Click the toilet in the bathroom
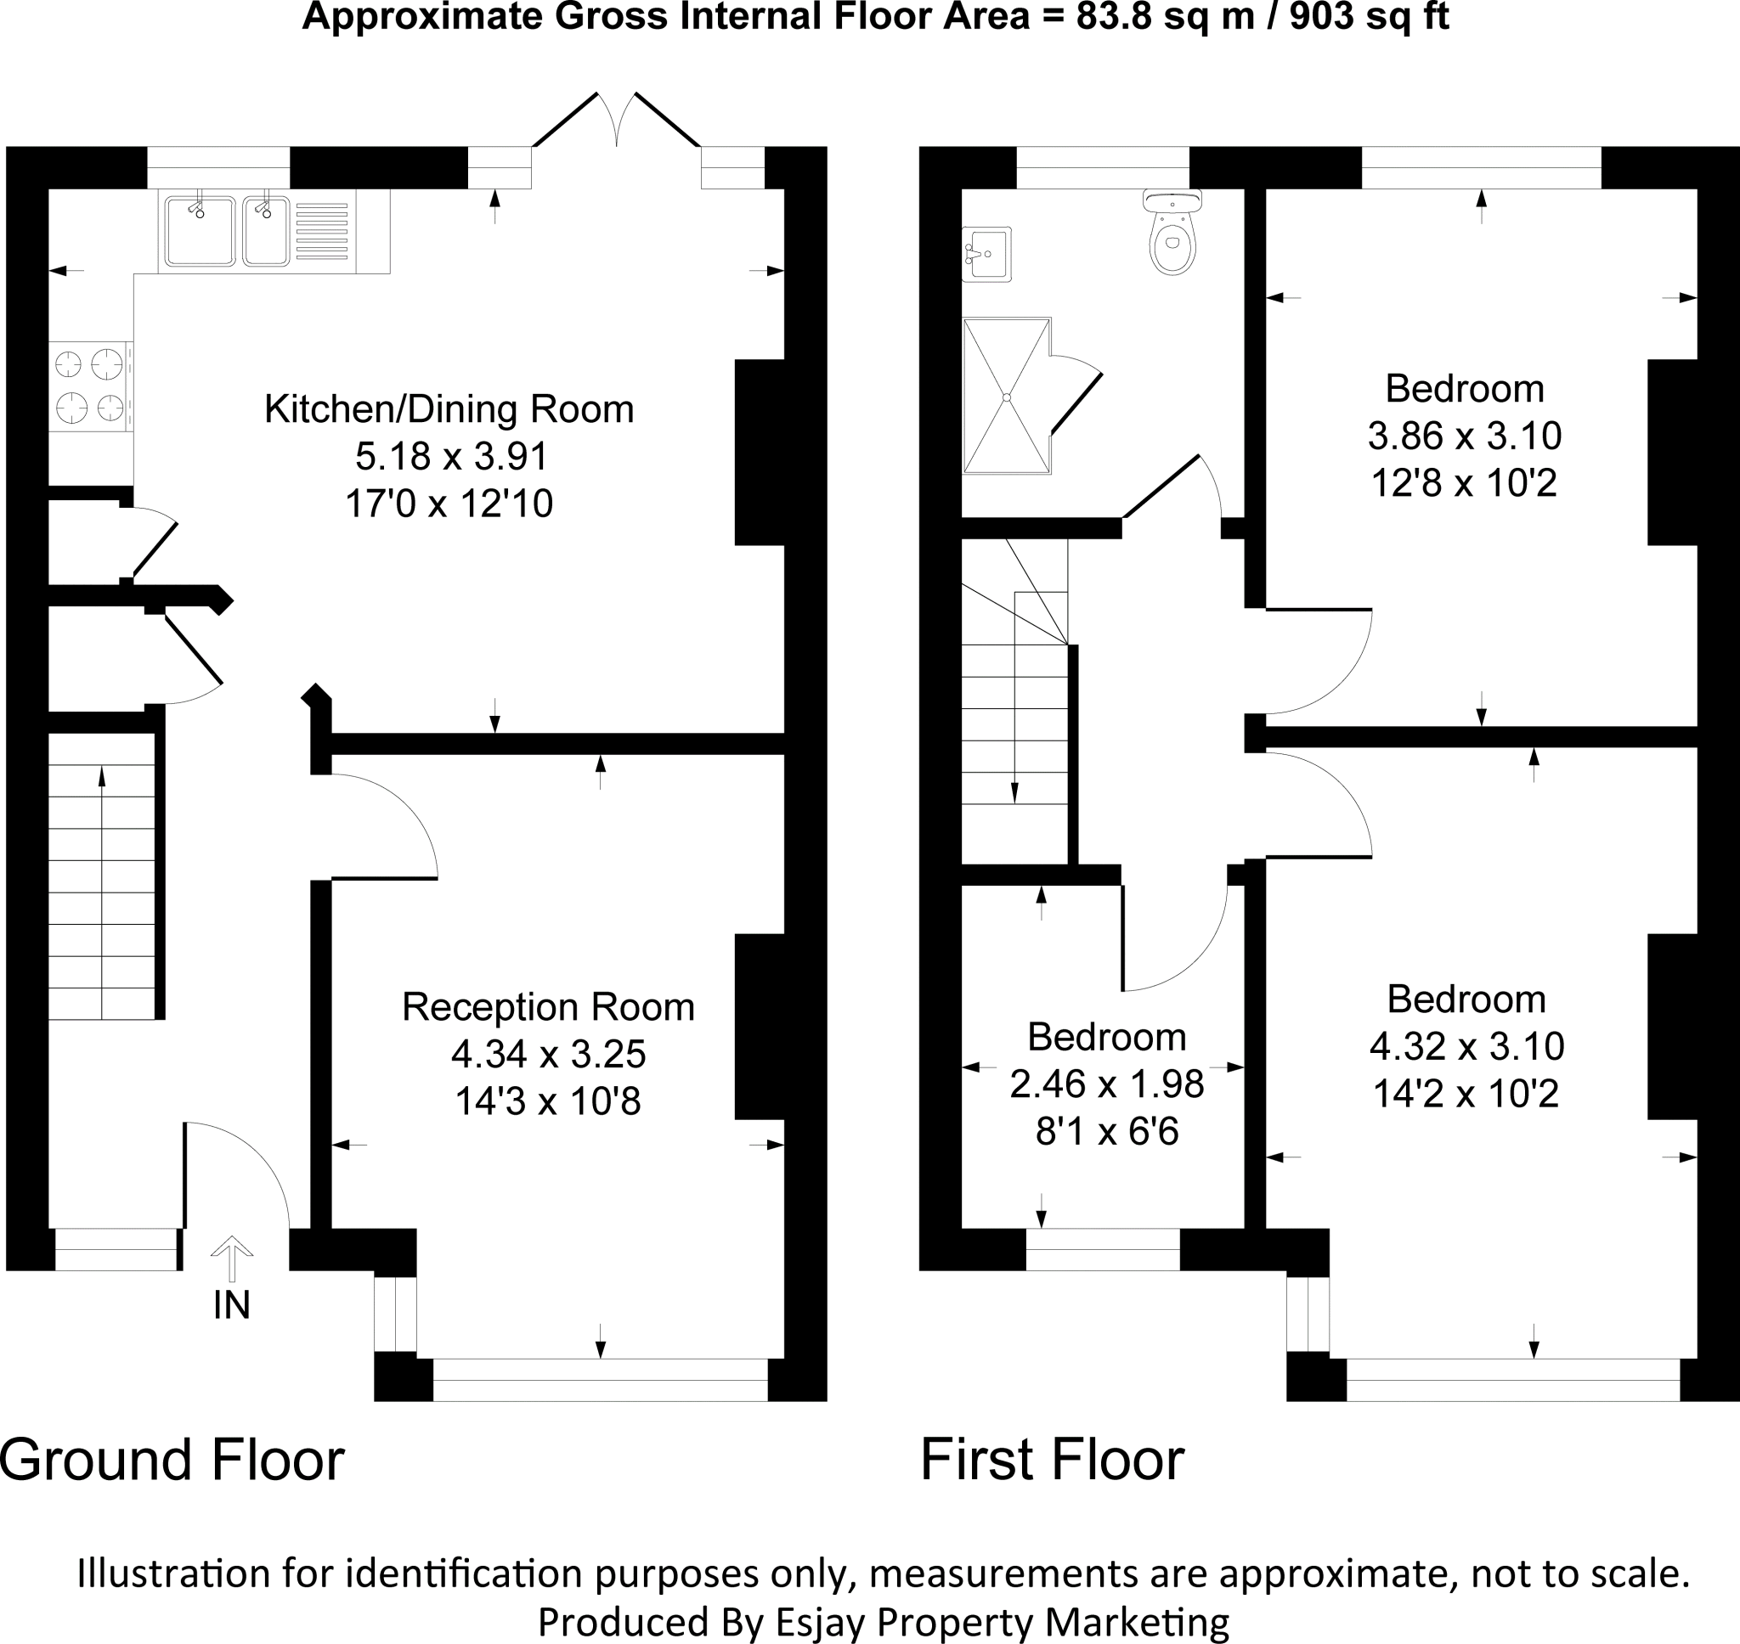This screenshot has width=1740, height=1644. click(x=1172, y=231)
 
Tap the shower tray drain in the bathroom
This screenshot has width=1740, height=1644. click(x=1007, y=397)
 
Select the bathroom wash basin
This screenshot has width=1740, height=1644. click(x=986, y=254)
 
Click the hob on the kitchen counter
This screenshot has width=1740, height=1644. click(x=91, y=386)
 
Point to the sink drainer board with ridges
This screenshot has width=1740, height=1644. click(x=322, y=231)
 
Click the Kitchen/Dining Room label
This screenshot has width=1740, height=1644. click(x=449, y=409)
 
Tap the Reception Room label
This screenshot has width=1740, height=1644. click(x=548, y=1007)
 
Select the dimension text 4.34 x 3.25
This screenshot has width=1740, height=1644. click(x=548, y=1053)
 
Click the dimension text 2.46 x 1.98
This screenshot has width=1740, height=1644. click(x=1106, y=1084)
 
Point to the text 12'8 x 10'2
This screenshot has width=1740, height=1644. click(x=1464, y=483)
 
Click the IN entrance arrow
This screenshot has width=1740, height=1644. click(x=231, y=1260)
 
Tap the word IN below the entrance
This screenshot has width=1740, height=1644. click(x=231, y=1306)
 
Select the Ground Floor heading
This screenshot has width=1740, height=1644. click(x=172, y=1460)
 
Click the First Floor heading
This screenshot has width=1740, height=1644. click(x=1052, y=1460)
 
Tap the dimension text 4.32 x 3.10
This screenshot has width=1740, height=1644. click(x=1466, y=1046)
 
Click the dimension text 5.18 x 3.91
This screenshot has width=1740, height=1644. click(x=450, y=457)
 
